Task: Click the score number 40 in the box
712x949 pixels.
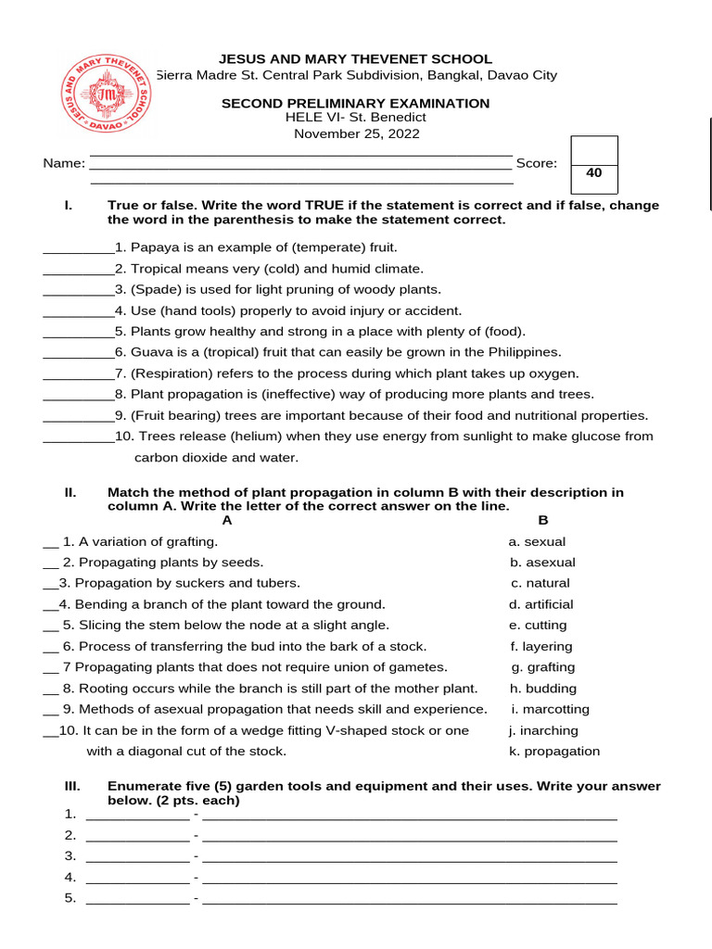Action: pyautogui.click(x=594, y=172)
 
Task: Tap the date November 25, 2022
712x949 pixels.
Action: pyautogui.click(x=357, y=133)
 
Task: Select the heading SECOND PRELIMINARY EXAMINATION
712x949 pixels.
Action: pyautogui.click(x=355, y=103)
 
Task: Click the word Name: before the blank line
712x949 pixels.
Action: pyautogui.click(x=64, y=164)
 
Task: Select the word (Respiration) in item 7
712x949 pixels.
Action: pyautogui.click(x=172, y=373)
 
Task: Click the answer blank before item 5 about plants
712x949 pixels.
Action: pyautogui.click(x=78, y=332)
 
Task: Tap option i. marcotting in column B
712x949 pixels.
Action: pyautogui.click(x=550, y=709)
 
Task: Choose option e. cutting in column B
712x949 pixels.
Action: pyautogui.click(x=540, y=625)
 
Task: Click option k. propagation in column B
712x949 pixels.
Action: pyautogui.click(x=554, y=751)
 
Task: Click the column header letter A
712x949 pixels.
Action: pyautogui.click(x=227, y=521)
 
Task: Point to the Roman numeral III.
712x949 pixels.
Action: pyautogui.click(x=73, y=786)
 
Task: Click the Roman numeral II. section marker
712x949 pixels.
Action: pyautogui.click(x=70, y=492)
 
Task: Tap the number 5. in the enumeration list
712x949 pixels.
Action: pyautogui.click(x=70, y=898)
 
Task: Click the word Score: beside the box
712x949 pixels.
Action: pyautogui.click(x=537, y=163)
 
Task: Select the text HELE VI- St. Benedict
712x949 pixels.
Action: pyautogui.click(x=356, y=118)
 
